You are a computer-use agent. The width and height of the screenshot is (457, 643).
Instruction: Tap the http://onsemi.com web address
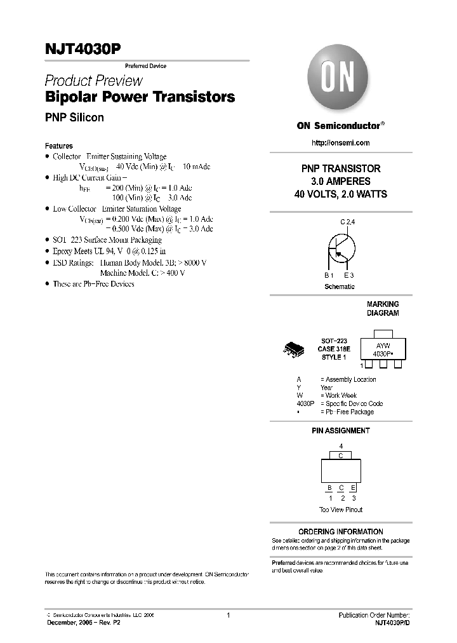(x=340, y=143)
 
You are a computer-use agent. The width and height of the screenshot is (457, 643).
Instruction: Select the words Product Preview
(x=93, y=81)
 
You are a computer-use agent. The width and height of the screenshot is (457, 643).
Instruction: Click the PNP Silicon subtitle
(x=74, y=118)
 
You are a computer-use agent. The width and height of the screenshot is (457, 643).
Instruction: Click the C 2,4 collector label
(x=347, y=222)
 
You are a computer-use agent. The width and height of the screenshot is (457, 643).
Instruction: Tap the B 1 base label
(x=329, y=275)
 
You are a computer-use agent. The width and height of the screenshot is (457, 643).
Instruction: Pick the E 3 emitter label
(x=349, y=275)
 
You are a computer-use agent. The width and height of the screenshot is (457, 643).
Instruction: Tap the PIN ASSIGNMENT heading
(x=340, y=431)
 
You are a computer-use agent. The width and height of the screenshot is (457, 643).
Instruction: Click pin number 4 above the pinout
(x=341, y=447)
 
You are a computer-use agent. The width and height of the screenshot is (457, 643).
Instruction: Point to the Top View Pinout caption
(x=340, y=510)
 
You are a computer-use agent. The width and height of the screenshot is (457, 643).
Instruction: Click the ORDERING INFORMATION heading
(x=340, y=531)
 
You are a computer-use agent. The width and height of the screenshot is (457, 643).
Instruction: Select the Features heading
(x=59, y=146)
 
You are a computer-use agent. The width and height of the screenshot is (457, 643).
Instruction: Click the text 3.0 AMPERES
(x=340, y=181)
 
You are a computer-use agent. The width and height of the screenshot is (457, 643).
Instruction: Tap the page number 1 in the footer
(x=228, y=616)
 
